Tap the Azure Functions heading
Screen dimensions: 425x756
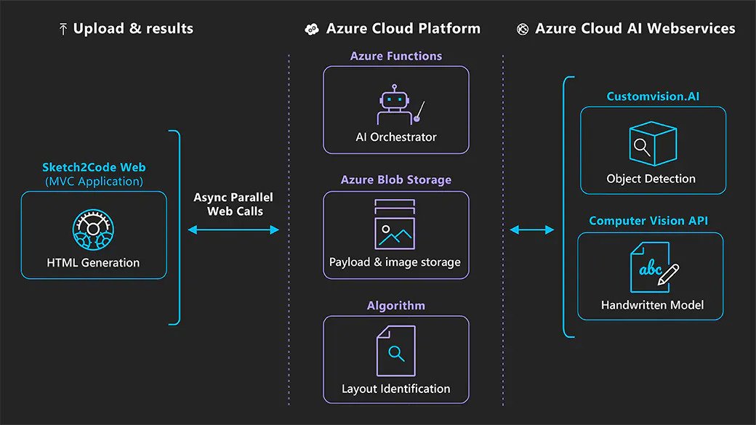tap(396, 56)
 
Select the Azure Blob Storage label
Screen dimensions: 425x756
tap(396, 180)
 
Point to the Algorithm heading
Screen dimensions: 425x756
tap(396, 305)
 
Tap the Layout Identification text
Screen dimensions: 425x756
tap(396, 389)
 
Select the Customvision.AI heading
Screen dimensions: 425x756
tap(653, 97)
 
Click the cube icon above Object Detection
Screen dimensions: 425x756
tap(653, 144)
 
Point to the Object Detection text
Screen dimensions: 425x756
tap(651, 179)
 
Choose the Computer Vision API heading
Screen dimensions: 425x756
tap(648, 221)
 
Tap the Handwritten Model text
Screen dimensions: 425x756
tap(652, 305)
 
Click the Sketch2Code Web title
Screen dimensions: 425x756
tap(93, 168)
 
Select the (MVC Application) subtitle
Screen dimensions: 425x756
tap(93, 181)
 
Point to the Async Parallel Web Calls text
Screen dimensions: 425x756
tap(233, 204)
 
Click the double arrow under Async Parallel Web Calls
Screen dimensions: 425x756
tap(233, 230)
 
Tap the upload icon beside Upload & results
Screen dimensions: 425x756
tap(63, 30)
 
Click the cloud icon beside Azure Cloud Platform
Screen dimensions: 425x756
tap(311, 30)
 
